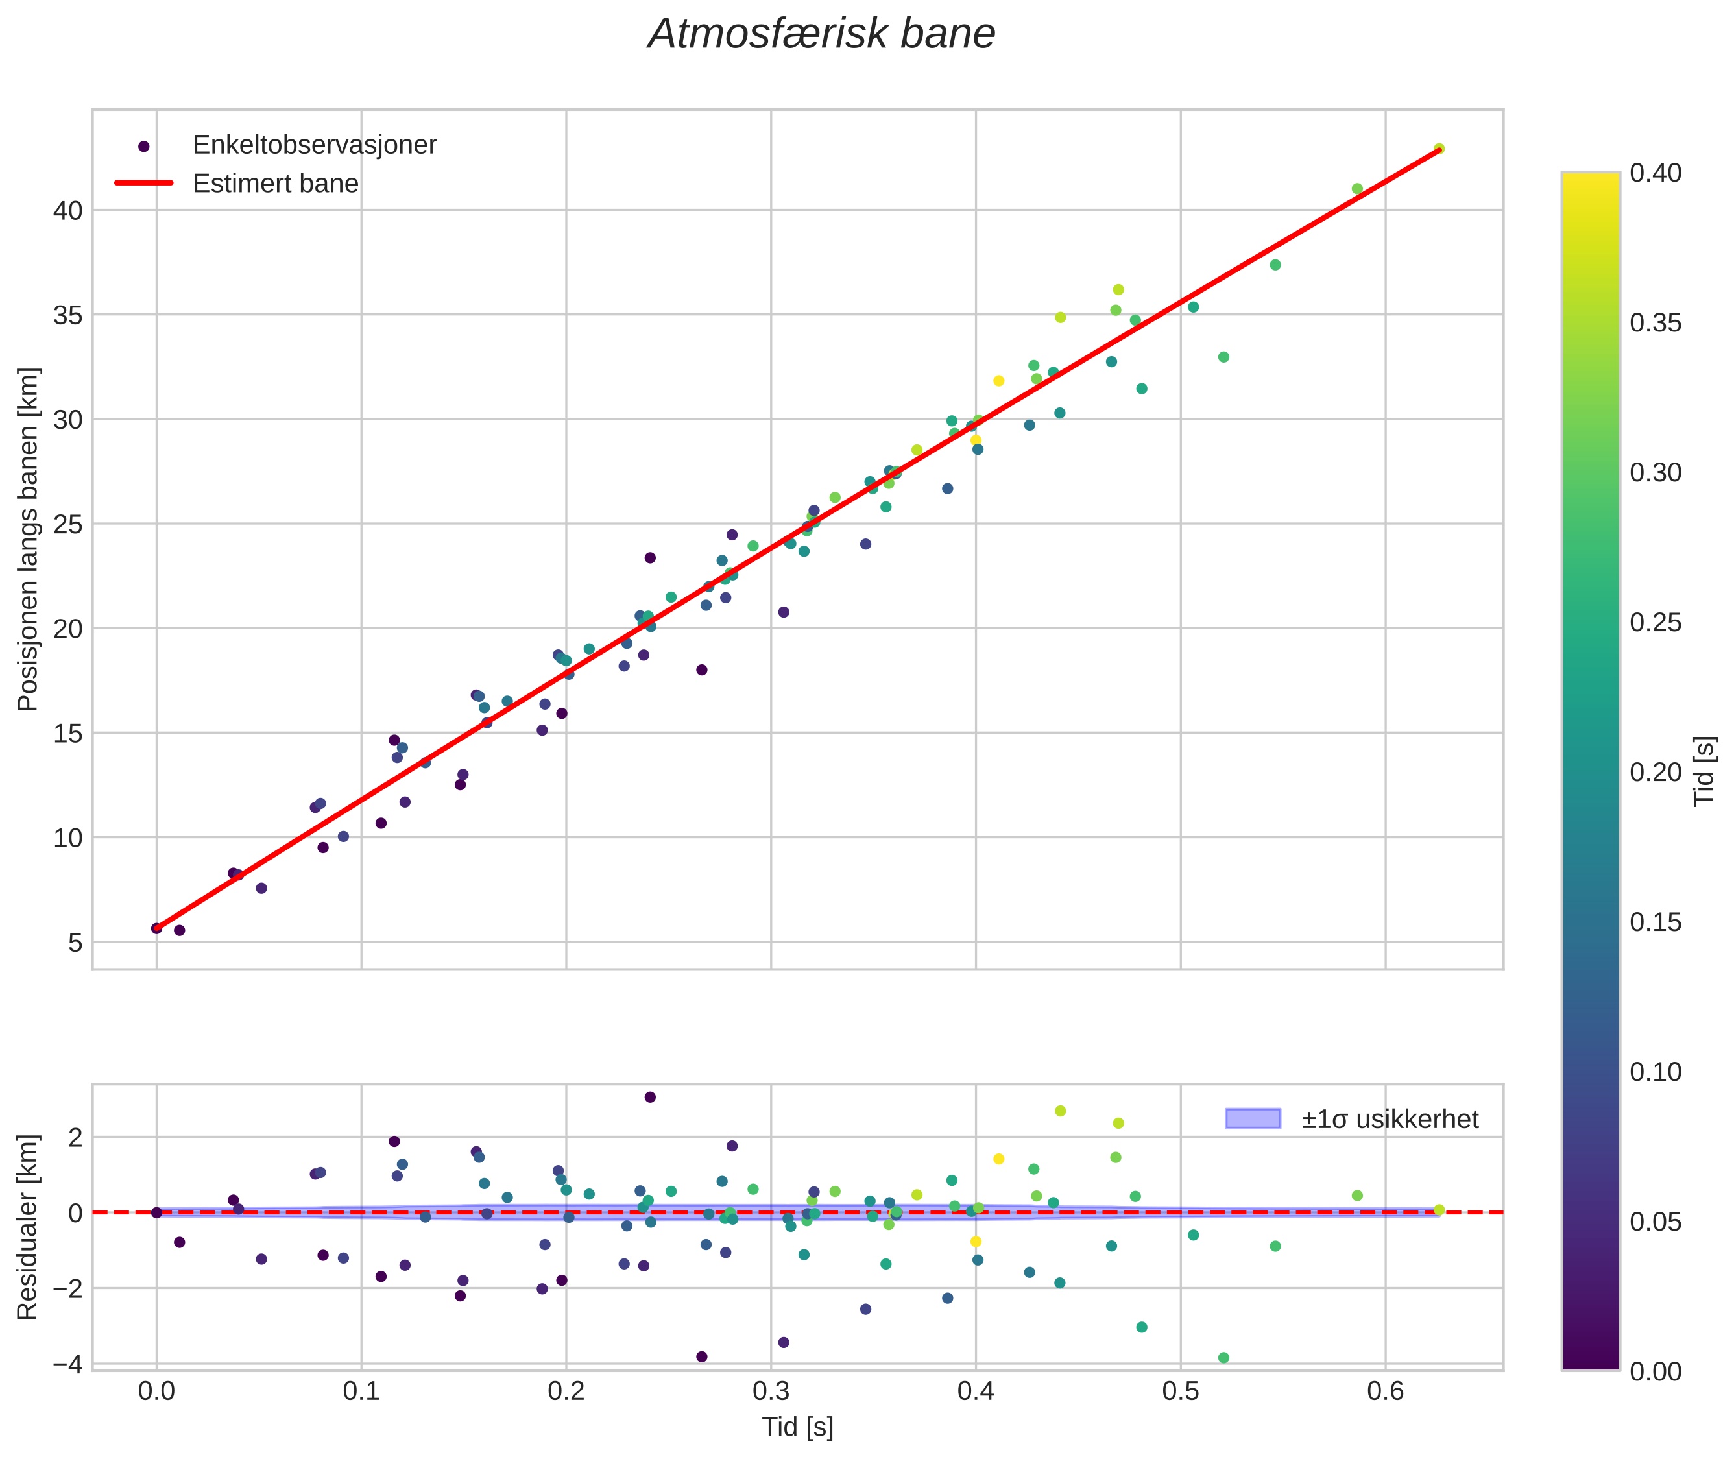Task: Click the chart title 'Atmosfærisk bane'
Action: (x=821, y=34)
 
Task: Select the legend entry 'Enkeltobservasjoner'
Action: (x=314, y=145)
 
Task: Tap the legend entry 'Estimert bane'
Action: (x=275, y=184)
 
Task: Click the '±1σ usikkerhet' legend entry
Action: (x=1390, y=1119)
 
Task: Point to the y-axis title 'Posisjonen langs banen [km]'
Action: (x=27, y=538)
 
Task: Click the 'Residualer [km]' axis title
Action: (x=27, y=1227)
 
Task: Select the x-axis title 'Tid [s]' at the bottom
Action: (x=797, y=1427)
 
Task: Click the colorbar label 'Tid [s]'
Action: (x=1704, y=771)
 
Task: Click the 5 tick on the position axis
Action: (x=76, y=943)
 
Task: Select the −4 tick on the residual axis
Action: (x=67, y=1364)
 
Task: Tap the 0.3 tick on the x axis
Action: (x=771, y=1391)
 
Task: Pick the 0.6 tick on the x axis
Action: (x=1386, y=1391)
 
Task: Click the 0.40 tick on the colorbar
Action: (x=1656, y=173)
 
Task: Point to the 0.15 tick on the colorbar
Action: (x=1656, y=922)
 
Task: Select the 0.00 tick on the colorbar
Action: (x=1656, y=1371)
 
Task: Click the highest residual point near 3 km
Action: (x=650, y=1097)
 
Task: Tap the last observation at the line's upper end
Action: (x=1438, y=149)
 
